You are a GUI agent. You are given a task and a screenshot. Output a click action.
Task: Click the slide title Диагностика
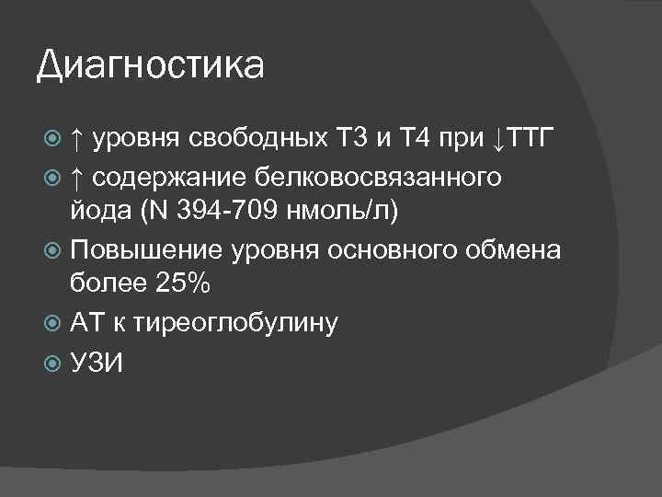(x=150, y=66)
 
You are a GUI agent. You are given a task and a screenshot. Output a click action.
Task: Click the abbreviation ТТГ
(x=530, y=140)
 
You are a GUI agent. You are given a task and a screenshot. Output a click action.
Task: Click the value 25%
(x=183, y=286)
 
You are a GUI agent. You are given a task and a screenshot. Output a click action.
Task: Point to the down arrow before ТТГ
(x=497, y=140)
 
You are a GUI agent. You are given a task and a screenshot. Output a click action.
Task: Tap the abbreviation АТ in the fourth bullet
(x=87, y=323)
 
